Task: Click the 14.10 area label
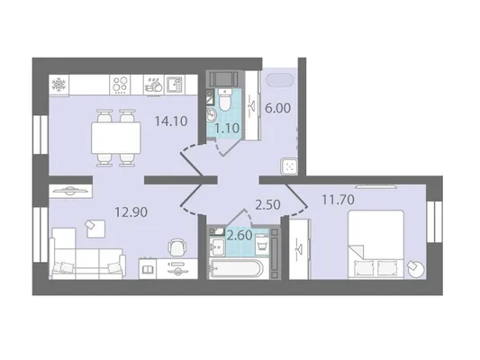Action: (x=171, y=121)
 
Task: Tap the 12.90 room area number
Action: (x=131, y=212)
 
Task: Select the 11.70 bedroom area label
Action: (x=338, y=200)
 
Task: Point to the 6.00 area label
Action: (x=277, y=108)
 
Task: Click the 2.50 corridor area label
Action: (x=267, y=205)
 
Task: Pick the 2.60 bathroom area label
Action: (x=240, y=235)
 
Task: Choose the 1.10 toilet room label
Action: (x=227, y=128)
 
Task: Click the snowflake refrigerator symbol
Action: (x=59, y=85)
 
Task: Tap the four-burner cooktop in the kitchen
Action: (x=120, y=85)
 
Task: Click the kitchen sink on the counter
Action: (x=175, y=85)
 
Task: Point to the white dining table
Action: (x=116, y=138)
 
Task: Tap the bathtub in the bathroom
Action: (x=236, y=269)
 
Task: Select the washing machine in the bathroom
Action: (x=262, y=245)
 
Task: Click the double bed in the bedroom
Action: (x=376, y=245)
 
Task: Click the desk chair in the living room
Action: (x=177, y=247)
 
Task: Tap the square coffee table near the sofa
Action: (x=95, y=229)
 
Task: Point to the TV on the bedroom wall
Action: (x=376, y=186)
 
